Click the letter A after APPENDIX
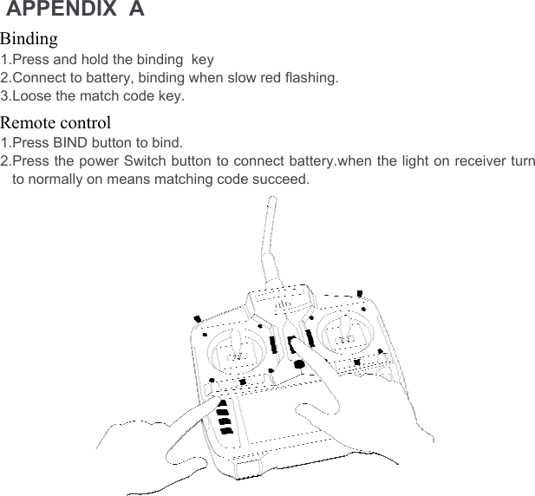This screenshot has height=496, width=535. (137, 10)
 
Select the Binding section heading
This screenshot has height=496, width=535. (29, 39)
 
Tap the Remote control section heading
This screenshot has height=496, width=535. (55, 121)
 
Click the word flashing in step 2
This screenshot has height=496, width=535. (311, 78)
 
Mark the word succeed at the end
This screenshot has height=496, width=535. (279, 179)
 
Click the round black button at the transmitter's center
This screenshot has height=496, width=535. (299, 364)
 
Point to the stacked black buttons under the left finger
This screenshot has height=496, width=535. (225, 417)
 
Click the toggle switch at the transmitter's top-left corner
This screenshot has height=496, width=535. (198, 317)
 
